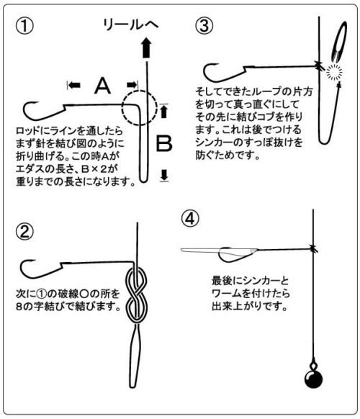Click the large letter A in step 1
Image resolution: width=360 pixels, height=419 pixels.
pos(103,86)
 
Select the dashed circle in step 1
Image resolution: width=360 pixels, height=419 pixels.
pos(137,107)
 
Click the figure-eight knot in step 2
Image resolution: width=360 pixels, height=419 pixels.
pos(136,295)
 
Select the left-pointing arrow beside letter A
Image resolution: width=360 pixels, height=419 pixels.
pos(73,85)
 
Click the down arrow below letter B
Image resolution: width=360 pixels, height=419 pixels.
pos(164,174)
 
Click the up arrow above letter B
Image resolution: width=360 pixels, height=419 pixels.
pos(164,112)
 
